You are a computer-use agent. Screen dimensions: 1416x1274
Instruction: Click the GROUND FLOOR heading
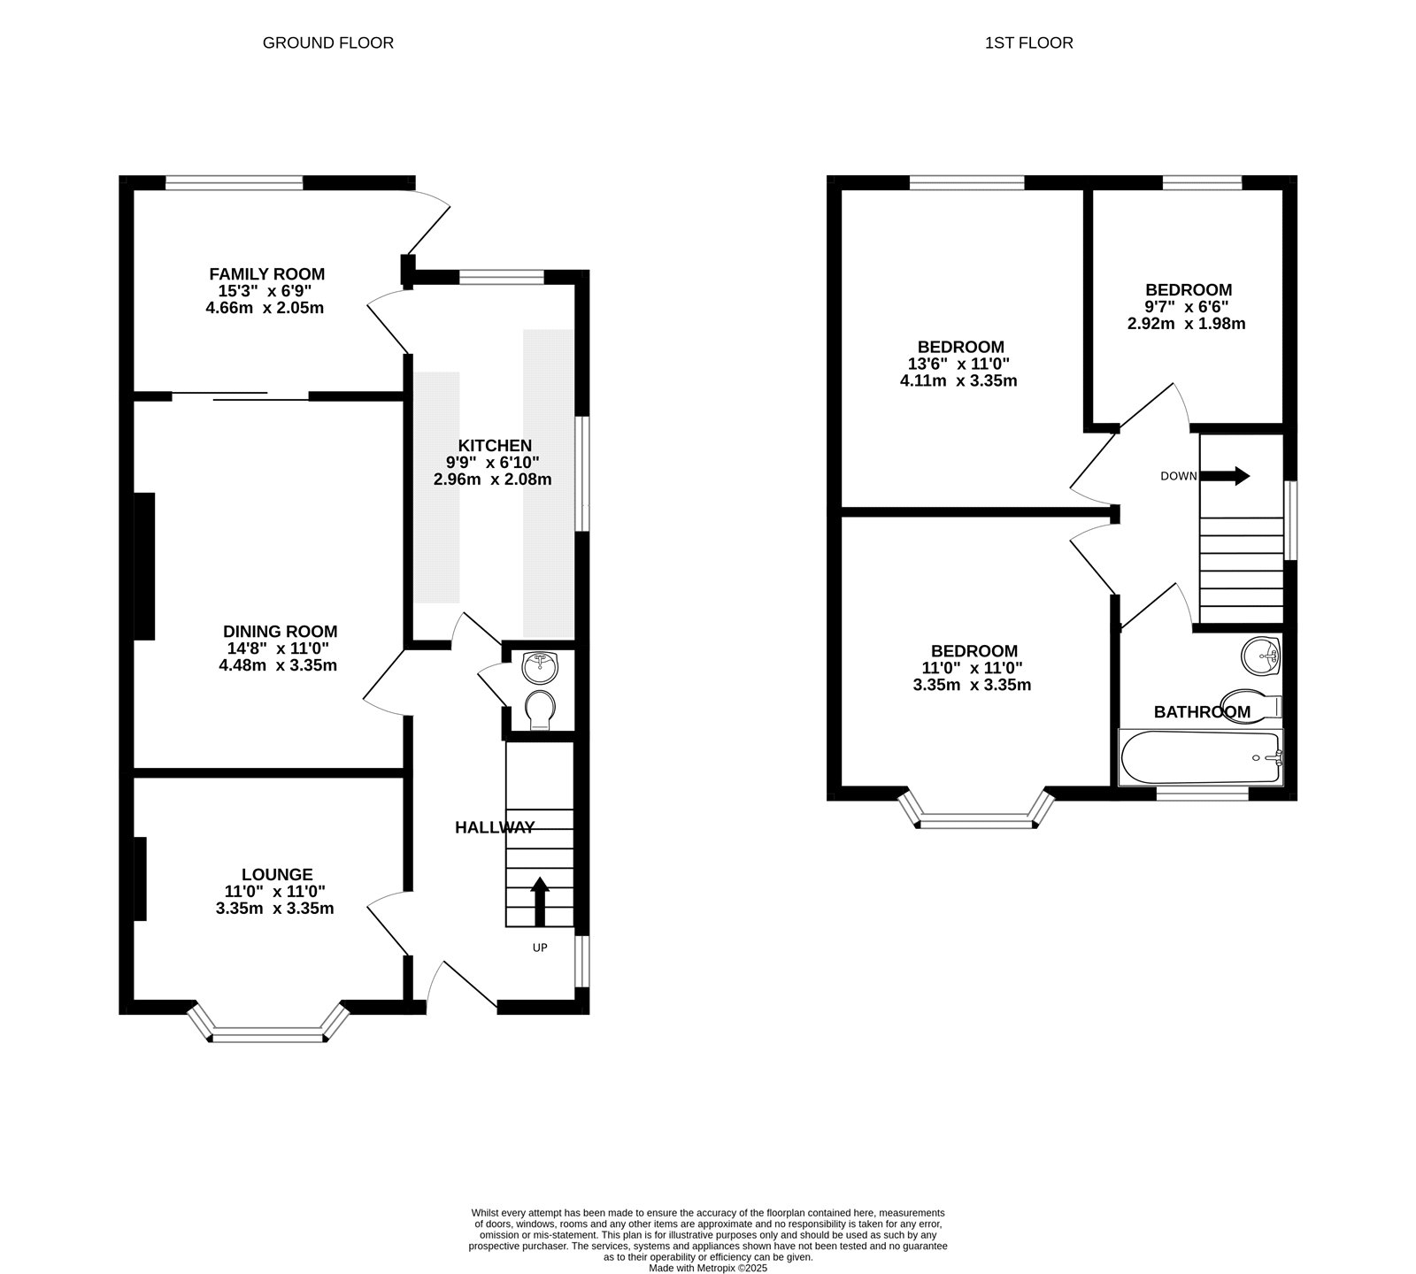coord(327,42)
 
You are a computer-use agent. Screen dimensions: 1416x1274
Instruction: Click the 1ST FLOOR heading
coord(1028,42)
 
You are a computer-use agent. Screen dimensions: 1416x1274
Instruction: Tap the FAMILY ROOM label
coord(266,274)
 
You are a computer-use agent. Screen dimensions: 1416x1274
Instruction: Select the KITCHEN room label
coord(495,445)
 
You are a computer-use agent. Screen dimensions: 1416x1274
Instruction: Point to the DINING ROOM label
coord(280,632)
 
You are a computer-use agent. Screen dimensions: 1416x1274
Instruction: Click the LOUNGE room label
coord(277,875)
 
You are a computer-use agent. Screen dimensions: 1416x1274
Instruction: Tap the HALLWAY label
coord(495,828)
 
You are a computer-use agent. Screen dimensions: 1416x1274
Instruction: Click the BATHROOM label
coord(1202,712)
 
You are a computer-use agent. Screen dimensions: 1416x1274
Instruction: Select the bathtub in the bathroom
coord(1201,757)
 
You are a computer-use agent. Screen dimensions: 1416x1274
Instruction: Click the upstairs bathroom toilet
coord(1251,705)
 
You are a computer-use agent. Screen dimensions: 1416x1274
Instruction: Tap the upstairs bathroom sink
coord(1261,655)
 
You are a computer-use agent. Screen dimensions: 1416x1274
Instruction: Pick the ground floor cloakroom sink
coord(540,667)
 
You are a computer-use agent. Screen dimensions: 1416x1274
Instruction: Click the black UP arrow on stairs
coord(538,901)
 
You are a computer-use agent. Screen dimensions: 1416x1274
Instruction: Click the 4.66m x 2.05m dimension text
coord(266,308)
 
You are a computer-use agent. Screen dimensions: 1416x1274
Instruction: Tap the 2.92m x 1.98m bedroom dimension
coord(1186,324)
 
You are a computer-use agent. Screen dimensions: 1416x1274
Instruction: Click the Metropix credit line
coord(708,1268)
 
